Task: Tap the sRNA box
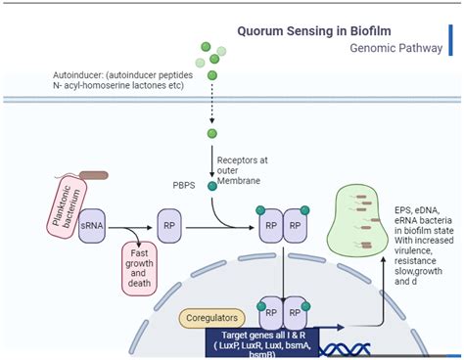(93, 223)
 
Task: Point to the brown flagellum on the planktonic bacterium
(94, 177)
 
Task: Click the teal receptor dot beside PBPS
(211, 185)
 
